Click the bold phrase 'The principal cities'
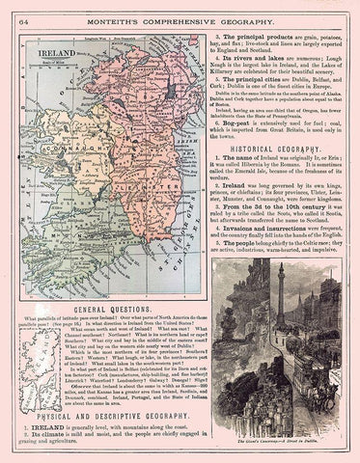pos(259,89)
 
